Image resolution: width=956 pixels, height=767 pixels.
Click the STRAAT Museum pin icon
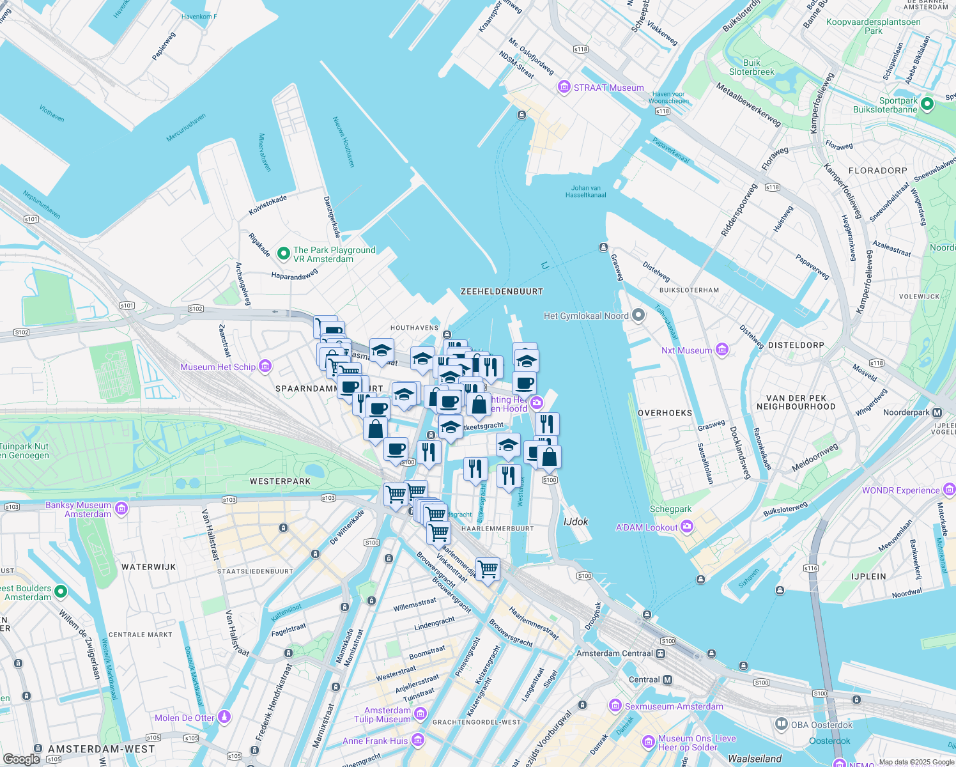tap(564, 87)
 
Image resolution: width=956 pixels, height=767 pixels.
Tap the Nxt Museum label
tap(686, 350)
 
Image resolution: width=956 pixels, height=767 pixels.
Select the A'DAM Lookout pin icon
tap(687, 527)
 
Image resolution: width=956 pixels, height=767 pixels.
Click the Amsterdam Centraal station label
tap(614, 653)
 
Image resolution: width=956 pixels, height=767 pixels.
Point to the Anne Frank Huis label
tap(374, 741)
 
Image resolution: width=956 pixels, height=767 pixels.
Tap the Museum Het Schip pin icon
tap(265, 366)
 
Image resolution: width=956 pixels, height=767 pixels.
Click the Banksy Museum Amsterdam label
tap(78, 509)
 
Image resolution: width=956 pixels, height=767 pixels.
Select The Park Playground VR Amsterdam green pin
tap(283, 254)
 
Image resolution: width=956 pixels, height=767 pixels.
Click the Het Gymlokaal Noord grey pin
tap(638, 315)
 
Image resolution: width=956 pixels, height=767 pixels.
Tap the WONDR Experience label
tap(900, 490)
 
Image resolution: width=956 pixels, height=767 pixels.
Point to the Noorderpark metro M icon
tap(937, 412)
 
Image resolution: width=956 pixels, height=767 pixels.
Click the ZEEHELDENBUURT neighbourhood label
tap(502, 291)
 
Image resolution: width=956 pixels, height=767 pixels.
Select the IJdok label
tap(576, 522)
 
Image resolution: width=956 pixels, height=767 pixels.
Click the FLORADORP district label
tap(877, 171)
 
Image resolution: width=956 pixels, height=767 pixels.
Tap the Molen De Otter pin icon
tap(224, 717)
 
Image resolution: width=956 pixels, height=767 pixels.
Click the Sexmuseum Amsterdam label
tap(674, 706)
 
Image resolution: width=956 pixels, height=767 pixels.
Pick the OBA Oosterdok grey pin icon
tap(781, 724)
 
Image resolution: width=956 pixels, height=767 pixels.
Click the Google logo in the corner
tap(21, 759)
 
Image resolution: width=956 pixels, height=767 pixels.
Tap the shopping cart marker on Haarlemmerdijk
tap(488, 568)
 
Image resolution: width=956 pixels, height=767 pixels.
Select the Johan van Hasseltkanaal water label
tap(585, 192)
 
